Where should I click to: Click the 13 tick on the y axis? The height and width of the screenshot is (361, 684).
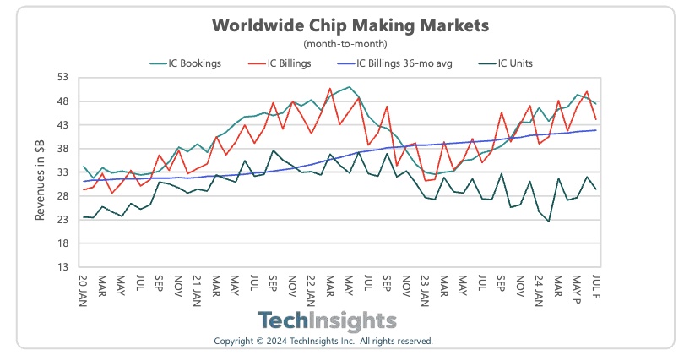[x=64, y=266]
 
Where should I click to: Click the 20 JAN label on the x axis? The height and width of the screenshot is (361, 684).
[x=83, y=289]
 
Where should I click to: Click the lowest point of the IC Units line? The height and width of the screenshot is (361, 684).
[x=549, y=222]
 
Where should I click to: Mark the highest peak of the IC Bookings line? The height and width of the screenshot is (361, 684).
[x=349, y=87]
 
